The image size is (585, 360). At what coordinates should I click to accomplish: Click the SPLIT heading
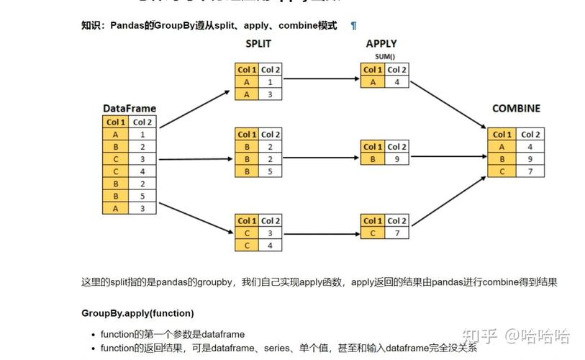click(258, 44)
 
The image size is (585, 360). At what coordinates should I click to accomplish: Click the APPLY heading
click(381, 44)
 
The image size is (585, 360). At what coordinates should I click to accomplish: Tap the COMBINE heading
click(516, 109)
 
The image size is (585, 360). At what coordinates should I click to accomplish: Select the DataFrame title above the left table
click(130, 109)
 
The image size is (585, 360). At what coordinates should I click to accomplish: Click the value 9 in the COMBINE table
click(530, 159)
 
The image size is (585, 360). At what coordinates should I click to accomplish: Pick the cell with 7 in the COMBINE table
click(530, 171)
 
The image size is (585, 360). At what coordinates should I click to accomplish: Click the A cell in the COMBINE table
click(502, 147)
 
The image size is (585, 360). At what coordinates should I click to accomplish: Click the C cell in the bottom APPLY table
click(372, 233)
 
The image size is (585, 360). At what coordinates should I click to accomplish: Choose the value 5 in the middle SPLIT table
click(269, 171)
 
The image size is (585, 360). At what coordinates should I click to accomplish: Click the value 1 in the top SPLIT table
click(269, 82)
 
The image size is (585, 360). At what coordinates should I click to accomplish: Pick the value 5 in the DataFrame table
click(142, 196)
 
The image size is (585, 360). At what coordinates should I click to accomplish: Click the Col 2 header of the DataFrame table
click(142, 122)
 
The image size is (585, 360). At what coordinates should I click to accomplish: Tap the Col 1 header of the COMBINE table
click(502, 134)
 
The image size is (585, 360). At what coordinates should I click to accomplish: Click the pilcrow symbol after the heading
click(353, 25)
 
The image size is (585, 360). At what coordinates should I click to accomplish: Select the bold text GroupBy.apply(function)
click(137, 313)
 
